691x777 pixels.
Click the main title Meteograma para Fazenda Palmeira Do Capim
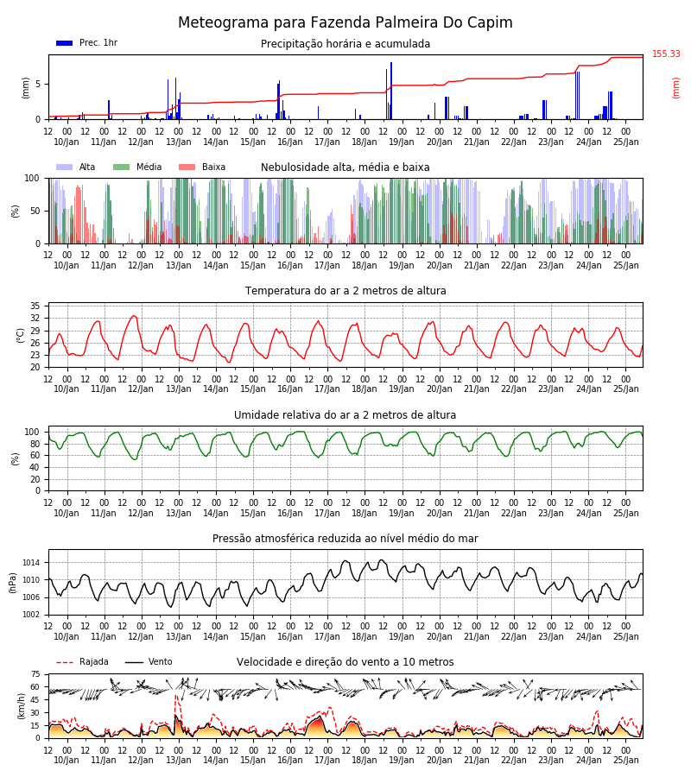coord(345,22)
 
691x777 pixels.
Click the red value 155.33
coord(666,54)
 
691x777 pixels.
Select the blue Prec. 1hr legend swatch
coord(65,43)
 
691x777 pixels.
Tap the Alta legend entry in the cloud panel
coord(76,167)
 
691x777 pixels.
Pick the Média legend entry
coord(138,167)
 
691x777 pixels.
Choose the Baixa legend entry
coord(202,167)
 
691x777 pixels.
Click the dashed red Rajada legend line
coord(65,662)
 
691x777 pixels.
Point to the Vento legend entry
coord(149,661)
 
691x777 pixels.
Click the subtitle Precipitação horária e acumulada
coord(345,44)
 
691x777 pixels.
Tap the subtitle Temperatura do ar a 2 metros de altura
coord(345,290)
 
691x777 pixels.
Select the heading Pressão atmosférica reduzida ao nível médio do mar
coord(345,538)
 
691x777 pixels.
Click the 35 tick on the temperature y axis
coord(35,306)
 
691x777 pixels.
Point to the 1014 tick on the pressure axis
coord(31,563)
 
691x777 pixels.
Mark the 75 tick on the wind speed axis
coord(35,674)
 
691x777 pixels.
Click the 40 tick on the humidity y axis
coord(35,467)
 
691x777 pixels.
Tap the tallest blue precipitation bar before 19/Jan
coord(391,91)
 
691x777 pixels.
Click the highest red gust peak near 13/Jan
coord(176,696)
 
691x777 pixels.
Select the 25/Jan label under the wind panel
coord(625,760)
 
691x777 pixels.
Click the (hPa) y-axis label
coord(13,583)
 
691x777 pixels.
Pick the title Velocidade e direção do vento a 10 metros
coord(345,662)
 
